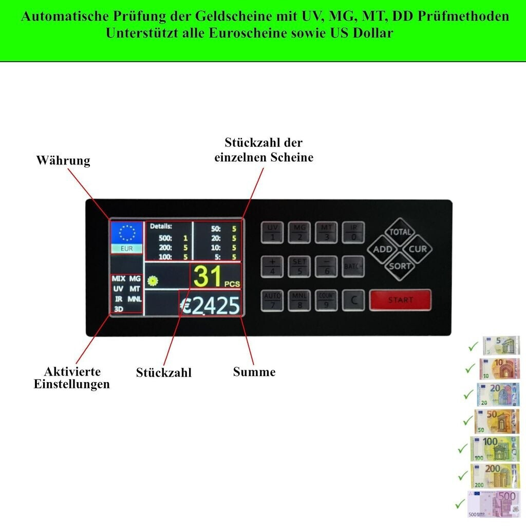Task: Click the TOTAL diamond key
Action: [x=400, y=232]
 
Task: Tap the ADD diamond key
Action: [x=383, y=249]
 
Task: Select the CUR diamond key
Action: [x=417, y=249]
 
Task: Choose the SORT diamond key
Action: [x=400, y=266]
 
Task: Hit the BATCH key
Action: [x=353, y=267]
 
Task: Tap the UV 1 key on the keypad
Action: [x=272, y=232]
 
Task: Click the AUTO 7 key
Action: [x=272, y=300]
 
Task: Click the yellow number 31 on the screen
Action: [x=209, y=276]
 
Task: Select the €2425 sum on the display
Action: [x=211, y=306]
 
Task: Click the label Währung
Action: [x=63, y=161]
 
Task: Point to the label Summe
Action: [x=254, y=372]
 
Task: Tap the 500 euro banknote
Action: [x=493, y=504]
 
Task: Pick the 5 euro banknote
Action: [x=501, y=345]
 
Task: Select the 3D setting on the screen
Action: [x=118, y=308]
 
